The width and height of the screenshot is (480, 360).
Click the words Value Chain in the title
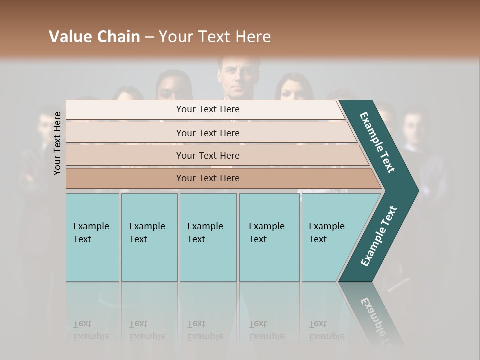click(x=94, y=37)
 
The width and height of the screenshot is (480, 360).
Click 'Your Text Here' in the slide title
click(x=215, y=37)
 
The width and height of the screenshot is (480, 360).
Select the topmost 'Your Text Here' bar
click(x=207, y=109)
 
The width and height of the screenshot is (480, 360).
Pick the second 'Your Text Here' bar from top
click(x=207, y=133)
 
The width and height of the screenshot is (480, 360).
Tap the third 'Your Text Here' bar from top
click(x=207, y=155)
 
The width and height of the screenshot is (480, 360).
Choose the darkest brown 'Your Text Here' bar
click(x=207, y=178)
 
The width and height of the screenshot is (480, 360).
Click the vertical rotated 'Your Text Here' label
click(x=57, y=143)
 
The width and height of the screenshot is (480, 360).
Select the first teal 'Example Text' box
click(x=92, y=237)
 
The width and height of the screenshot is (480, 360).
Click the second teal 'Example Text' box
click(x=149, y=237)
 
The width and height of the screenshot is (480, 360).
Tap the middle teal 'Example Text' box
click(x=207, y=237)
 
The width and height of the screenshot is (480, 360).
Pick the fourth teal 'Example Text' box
click(x=269, y=237)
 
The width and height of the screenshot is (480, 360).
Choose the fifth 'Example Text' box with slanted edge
click(x=330, y=237)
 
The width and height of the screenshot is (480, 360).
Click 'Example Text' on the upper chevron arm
click(x=378, y=142)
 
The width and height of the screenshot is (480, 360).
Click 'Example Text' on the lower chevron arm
click(x=379, y=236)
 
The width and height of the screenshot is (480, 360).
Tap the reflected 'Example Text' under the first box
click(x=91, y=330)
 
